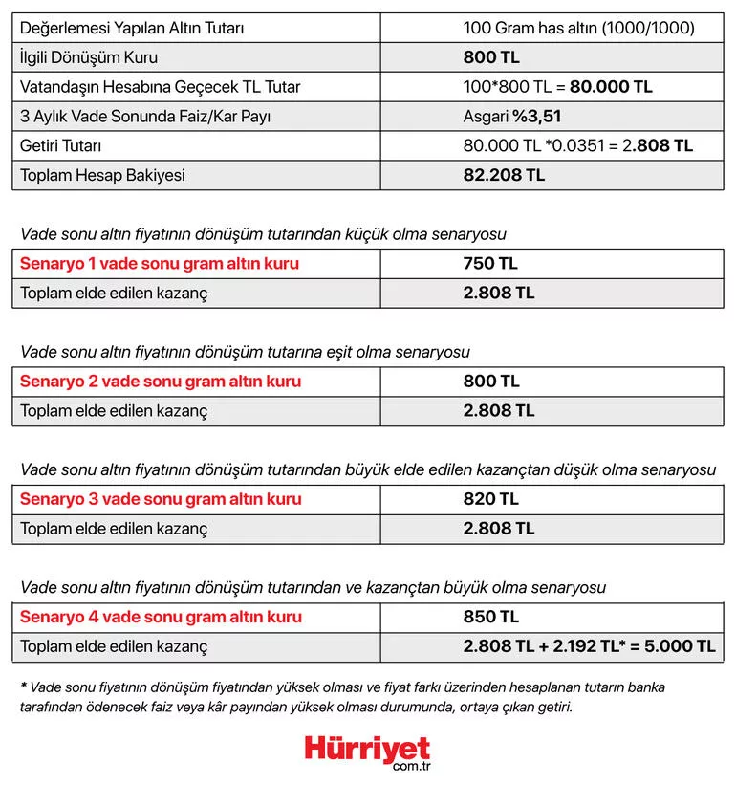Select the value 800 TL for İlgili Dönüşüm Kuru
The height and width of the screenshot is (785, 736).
[x=492, y=57]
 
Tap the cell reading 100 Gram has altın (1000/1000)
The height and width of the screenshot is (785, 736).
[x=578, y=28]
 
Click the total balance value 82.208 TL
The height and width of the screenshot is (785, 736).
[x=504, y=175]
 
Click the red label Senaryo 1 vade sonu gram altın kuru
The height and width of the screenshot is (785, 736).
[x=160, y=264]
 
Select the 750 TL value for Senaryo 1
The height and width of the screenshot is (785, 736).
[x=490, y=264]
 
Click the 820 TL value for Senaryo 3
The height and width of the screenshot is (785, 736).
[x=491, y=499]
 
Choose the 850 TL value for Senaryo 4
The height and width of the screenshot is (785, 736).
[x=491, y=617]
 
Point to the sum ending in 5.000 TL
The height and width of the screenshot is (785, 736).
[x=589, y=646]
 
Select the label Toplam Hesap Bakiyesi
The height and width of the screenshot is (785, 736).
[x=103, y=175]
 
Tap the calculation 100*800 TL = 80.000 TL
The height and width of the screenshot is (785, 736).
[x=558, y=87]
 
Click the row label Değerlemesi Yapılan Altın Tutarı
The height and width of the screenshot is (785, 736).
[x=132, y=28]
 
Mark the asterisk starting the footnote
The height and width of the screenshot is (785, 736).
[x=23, y=687]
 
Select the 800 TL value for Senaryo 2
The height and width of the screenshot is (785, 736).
[x=491, y=382]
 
